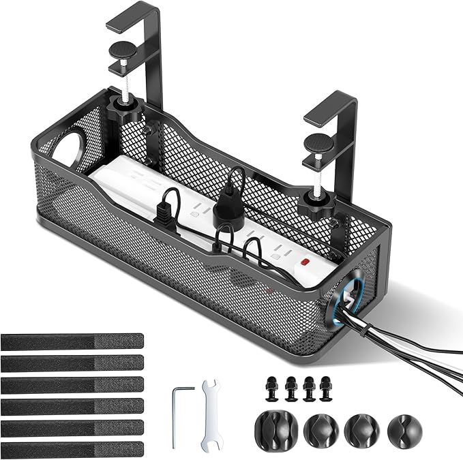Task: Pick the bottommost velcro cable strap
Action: tap(72, 449)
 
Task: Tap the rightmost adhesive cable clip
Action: tap(404, 429)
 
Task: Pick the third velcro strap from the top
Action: tap(72, 384)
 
